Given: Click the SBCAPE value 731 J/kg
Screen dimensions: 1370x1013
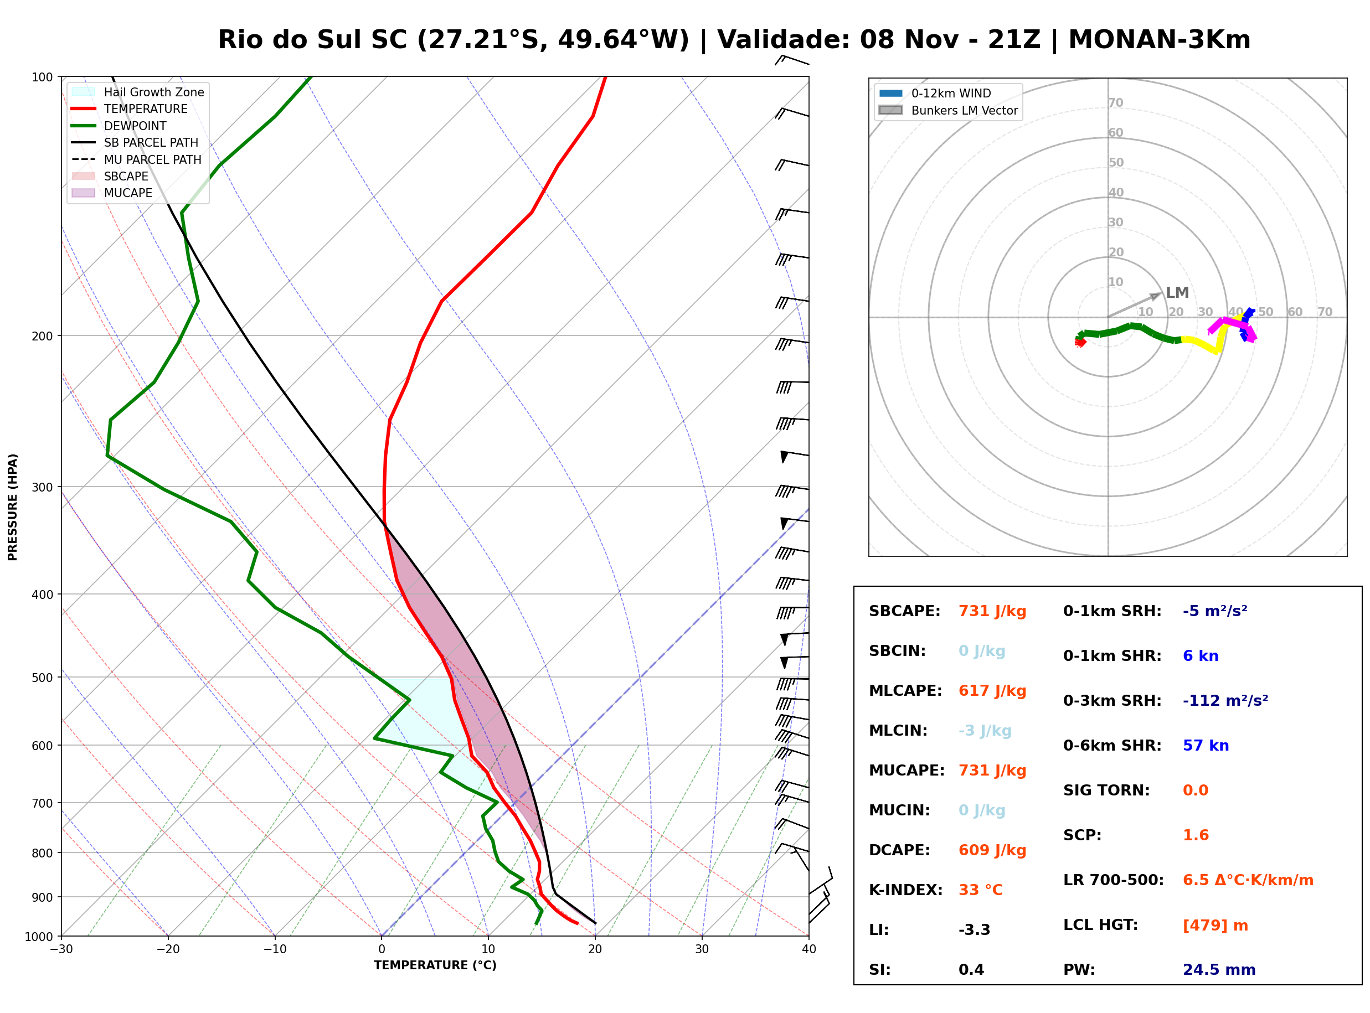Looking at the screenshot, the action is pyautogui.click(x=992, y=611).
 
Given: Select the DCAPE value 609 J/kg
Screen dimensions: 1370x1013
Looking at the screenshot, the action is pyautogui.click(x=992, y=850).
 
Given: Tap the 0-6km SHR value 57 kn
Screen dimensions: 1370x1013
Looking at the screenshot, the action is pyautogui.click(x=1206, y=746).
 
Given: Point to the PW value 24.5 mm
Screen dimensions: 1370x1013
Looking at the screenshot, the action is pyautogui.click(x=1219, y=970).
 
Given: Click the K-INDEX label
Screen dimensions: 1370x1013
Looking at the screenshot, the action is pyautogui.click(x=906, y=890).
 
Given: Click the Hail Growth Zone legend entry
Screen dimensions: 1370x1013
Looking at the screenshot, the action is pyautogui.click(x=138, y=92).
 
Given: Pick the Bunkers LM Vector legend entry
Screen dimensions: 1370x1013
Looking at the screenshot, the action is pyautogui.click(x=948, y=110).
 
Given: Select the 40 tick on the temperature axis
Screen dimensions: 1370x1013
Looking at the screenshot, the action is pyautogui.click(x=808, y=949).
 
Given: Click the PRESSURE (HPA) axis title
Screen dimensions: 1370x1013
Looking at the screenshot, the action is pyautogui.click(x=12, y=507).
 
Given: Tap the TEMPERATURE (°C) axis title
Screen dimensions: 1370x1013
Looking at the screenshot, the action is pyautogui.click(x=435, y=965).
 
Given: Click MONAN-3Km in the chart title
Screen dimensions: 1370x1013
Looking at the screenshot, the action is pyautogui.click(x=1159, y=40).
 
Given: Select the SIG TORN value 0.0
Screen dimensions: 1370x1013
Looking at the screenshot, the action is pyautogui.click(x=1195, y=790).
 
